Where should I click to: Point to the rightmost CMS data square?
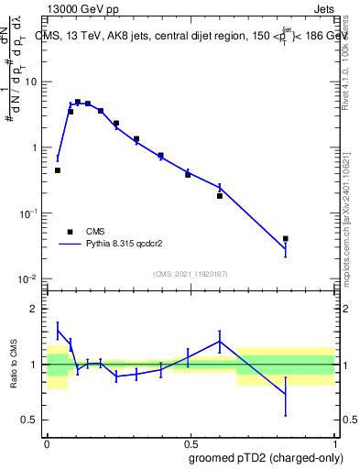[286, 239]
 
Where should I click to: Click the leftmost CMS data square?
[58, 170]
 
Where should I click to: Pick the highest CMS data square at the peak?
[78, 102]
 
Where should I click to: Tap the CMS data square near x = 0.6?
[220, 196]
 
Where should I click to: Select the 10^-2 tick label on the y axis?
[29, 278]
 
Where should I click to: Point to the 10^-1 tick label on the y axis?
[29, 213]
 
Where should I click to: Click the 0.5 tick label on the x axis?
[191, 441]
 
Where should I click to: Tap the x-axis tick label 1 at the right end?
[334, 441]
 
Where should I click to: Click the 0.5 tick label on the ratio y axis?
[32, 420]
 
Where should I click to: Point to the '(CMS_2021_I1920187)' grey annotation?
[191, 274]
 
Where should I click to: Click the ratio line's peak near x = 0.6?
[220, 341]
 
